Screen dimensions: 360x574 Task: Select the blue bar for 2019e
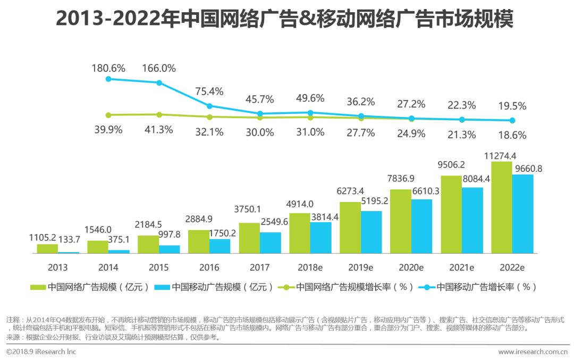[x=372, y=232]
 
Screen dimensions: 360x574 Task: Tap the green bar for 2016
[x=199, y=241]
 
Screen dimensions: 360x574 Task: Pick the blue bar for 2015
[x=170, y=249]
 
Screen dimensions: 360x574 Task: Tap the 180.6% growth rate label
[x=108, y=68]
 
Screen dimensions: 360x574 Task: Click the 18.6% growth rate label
[x=512, y=135]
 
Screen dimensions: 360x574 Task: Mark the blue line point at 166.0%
[x=159, y=82]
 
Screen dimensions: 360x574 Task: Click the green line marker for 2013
[x=108, y=115]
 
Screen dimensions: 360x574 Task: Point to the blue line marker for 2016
[x=209, y=106]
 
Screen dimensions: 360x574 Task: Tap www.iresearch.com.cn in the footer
[x=533, y=352]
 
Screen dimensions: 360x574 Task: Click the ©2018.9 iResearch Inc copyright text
[x=41, y=352]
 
